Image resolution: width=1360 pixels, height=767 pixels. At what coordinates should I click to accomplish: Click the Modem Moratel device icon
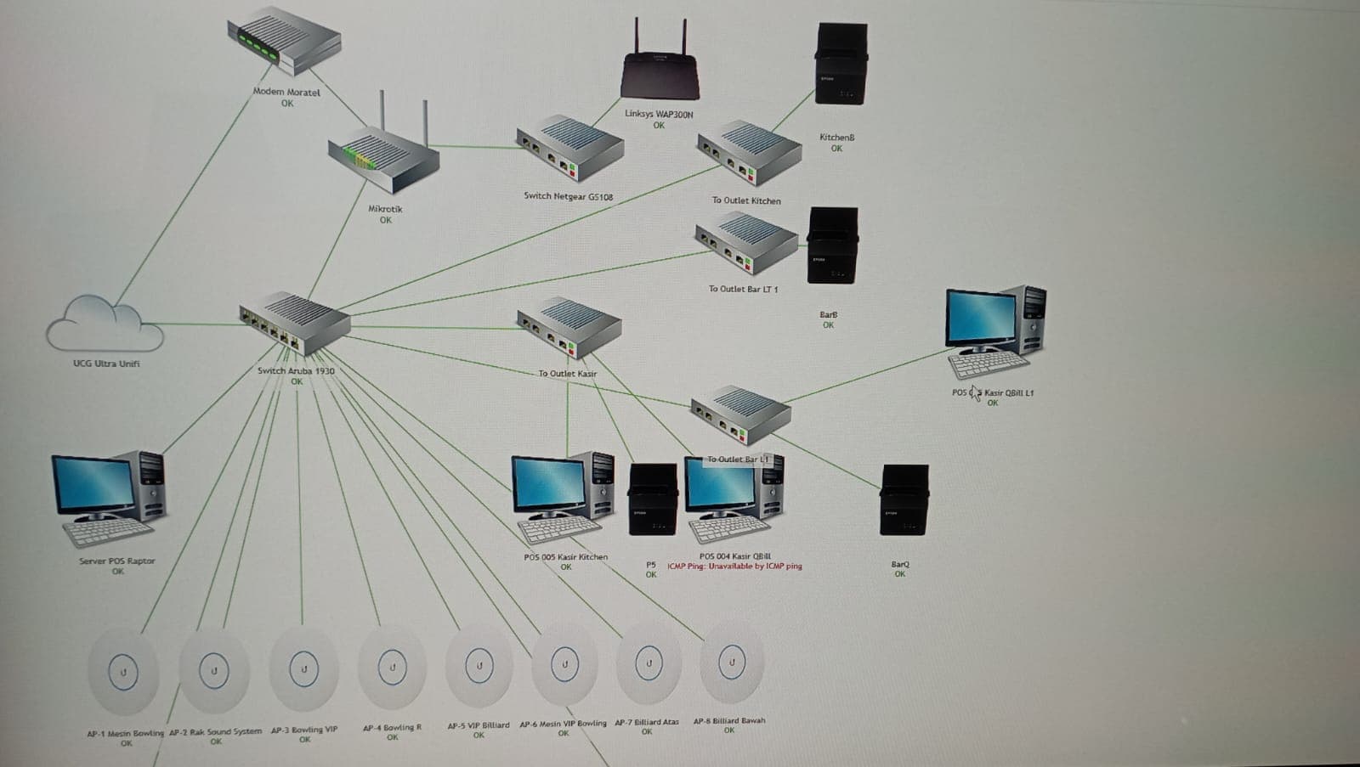click(285, 42)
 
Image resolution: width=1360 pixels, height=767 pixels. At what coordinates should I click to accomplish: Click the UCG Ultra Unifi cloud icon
click(104, 324)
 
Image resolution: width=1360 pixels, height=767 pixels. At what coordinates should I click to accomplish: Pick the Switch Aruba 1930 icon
click(294, 324)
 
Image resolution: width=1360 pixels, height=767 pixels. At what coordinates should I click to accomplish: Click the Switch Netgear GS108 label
click(568, 196)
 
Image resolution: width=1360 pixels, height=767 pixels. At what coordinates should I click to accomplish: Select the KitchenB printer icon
click(841, 64)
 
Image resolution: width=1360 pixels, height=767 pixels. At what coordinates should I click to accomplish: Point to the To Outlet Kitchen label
click(745, 200)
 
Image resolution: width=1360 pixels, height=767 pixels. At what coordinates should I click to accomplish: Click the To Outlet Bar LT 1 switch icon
click(746, 243)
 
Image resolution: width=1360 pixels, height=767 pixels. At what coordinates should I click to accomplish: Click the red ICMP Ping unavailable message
click(734, 566)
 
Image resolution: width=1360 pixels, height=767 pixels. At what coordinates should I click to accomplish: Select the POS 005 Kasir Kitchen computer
click(563, 498)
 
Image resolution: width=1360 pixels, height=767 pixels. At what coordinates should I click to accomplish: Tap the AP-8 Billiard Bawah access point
click(731, 663)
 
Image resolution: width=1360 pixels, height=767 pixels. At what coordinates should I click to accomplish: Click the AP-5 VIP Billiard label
click(479, 725)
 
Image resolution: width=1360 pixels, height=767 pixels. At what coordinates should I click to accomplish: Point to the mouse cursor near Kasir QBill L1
click(974, 393)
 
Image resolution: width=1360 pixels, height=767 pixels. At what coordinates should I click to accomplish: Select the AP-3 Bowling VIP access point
click(303, 669)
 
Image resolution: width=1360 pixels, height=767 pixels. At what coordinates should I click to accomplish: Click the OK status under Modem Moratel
click(287, 104)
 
